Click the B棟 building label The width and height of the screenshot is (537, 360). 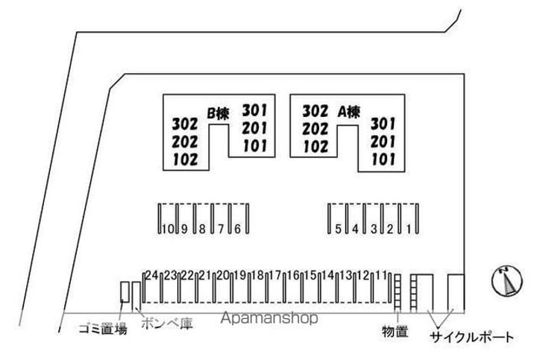[218, 113]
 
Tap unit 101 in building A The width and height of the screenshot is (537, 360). [383, 158]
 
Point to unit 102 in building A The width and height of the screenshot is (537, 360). [315, 145]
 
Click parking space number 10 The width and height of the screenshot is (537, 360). [166, 229]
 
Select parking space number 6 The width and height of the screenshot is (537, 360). [237, 229]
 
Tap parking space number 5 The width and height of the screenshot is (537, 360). [338, 229]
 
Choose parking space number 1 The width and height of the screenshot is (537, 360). [409, 229]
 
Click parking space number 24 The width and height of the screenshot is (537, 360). [152, 274]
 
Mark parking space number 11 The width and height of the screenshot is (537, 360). [382, 274]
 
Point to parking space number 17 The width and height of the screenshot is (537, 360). [275, 274]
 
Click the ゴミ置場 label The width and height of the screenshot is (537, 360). [103, 329]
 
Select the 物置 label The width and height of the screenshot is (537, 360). [395, 332]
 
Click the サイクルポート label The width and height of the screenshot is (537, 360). [471, 337]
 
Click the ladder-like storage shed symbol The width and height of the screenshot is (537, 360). [398, 291]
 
